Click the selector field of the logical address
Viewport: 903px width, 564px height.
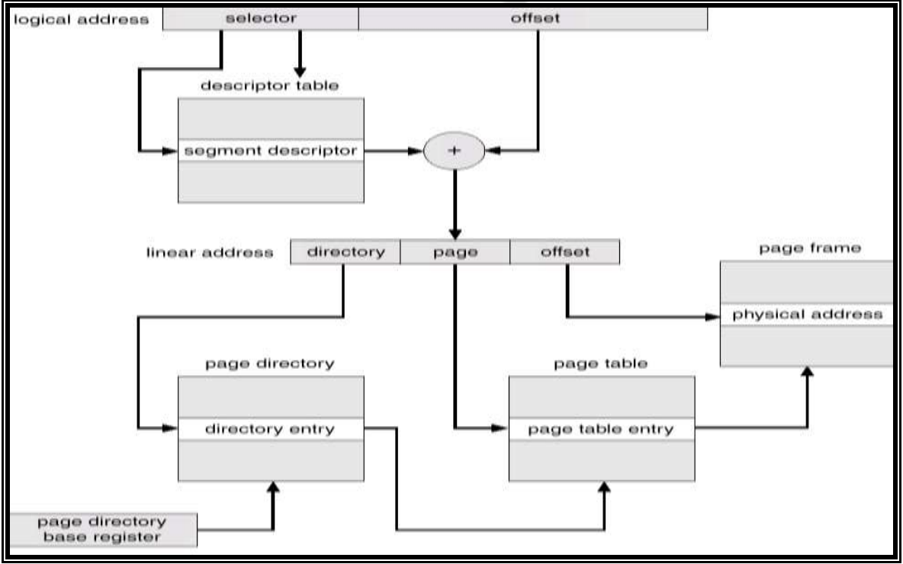[x=261, y=19]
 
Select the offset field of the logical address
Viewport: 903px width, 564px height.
[x=533, y=19]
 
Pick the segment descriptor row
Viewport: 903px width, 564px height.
[x=271, y=151]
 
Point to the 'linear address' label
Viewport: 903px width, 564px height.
[x=210, y=252]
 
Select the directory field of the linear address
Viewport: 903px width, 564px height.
[x=345, y=252]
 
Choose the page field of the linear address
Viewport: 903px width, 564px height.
[x=455, y=252]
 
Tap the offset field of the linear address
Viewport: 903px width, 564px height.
[x=564, y=252]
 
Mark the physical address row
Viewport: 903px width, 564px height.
[x=807, y=314]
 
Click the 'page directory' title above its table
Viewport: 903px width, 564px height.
[x=269, y=364]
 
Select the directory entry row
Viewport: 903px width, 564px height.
[x=270, y=429]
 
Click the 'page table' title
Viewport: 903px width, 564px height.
[x=602, y=364]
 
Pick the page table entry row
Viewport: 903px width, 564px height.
[x=602, y=429]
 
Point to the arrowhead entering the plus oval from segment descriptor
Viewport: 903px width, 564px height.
[x=416, y=151]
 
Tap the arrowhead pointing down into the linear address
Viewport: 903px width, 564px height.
[x=455, y=232]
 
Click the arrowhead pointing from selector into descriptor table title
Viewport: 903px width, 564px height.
[x=299, y=70]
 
